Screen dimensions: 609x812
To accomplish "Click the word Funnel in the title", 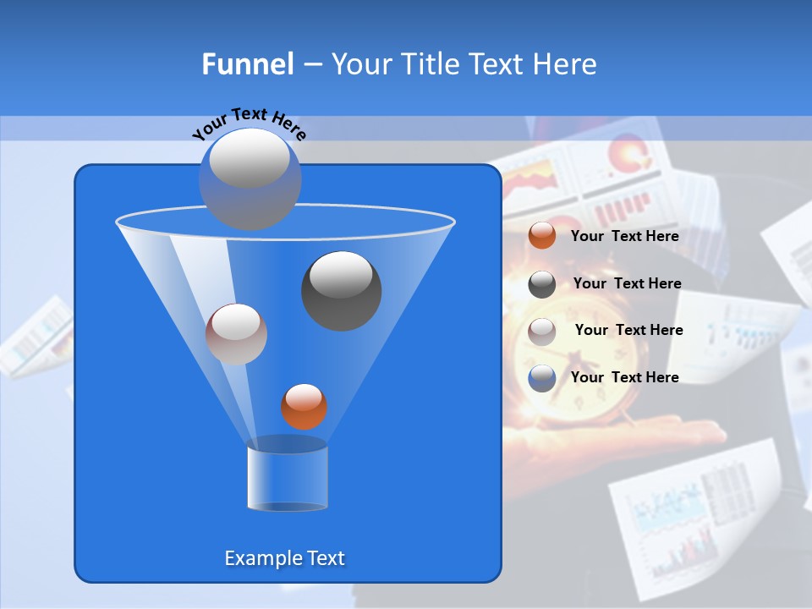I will (247, 64).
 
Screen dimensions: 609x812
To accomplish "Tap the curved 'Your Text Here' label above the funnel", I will (249, 123).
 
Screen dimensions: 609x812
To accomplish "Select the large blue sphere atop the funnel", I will (250, 178).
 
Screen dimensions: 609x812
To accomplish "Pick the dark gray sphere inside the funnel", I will (342, 290).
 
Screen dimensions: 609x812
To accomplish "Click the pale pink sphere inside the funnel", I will (236, 333).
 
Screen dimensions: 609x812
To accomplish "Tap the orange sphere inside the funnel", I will (304, 406).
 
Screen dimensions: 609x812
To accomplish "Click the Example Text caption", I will (285, 558).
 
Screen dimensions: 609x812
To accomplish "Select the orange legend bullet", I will (542, 236).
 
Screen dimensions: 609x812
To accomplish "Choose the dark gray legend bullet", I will (542, 283).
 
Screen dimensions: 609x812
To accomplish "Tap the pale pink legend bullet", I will (542, 331).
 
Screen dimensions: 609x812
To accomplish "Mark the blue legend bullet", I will (542, 378).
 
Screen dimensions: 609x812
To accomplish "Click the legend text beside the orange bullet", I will (624, 236).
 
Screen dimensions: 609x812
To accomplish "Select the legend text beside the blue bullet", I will (624, 377).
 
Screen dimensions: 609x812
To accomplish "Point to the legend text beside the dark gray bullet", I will (627, 283).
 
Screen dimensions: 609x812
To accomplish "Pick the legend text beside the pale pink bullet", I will (628, 330).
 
